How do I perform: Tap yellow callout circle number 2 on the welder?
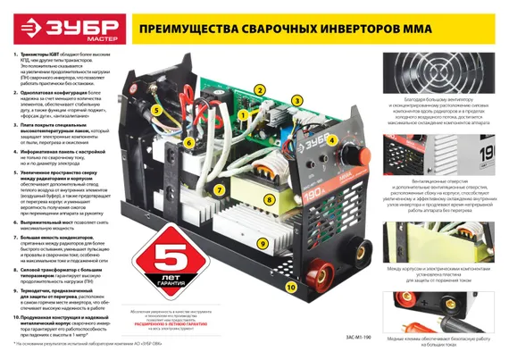coord(259,90)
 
